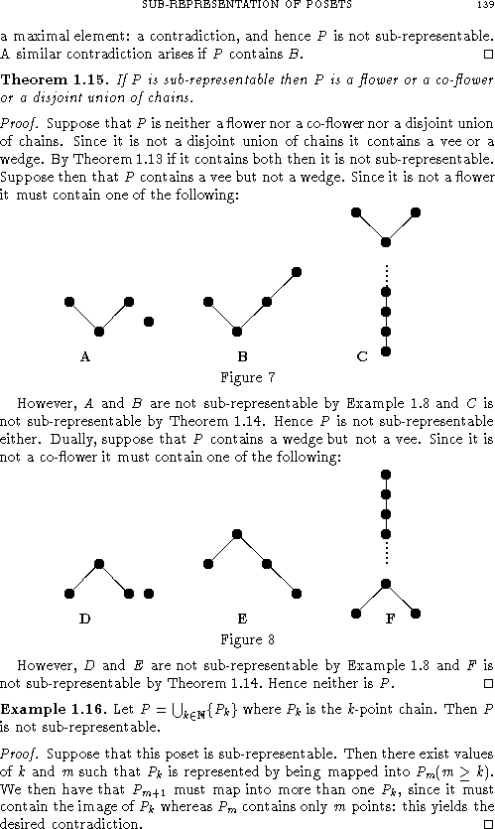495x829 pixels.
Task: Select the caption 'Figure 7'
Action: pos(246,377)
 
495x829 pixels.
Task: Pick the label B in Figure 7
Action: pos(242,355)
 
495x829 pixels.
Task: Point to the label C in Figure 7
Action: pos(362,355)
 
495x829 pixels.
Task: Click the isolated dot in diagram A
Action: pos(149,321)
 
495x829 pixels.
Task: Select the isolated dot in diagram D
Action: pos(149,594)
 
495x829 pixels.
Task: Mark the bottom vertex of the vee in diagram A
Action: pos(99,332)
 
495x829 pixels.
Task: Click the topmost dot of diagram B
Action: pos(296,271)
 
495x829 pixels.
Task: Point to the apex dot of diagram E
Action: pos(237,534)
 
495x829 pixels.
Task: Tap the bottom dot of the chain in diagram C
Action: pos(386,350)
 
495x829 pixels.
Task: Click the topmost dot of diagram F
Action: pos(386,474)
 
